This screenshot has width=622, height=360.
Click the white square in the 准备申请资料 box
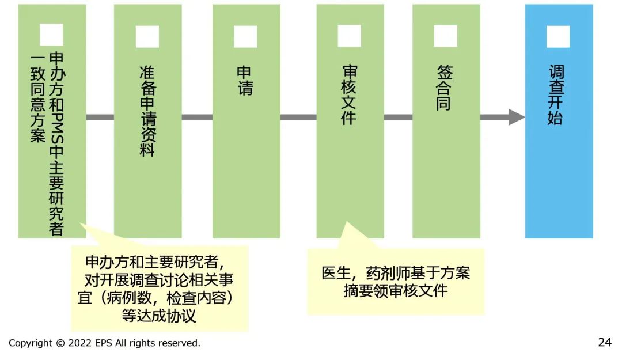(x=147, y=36)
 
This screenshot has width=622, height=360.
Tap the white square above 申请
(x=245, y=36)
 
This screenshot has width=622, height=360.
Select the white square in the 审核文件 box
(x=349, y=36)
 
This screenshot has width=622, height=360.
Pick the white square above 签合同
(x=445, y=36)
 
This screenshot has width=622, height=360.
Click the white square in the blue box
(x=557, y=36)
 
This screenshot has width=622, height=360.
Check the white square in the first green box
(x=51, y=35)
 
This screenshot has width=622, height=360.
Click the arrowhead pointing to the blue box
(x=517, y=117)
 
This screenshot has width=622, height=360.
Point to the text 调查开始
(x=556, y=95)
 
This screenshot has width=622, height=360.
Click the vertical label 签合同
(x=444, y=88)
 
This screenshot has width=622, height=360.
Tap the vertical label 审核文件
(x=349, y=95)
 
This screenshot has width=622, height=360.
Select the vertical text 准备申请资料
(x=147, y=111)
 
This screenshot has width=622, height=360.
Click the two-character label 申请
(x=245, y=81)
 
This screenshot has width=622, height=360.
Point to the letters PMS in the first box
(x=56, y=128)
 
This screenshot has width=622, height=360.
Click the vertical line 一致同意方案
(x=37, y=98)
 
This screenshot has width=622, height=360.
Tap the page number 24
(x=605, y=342)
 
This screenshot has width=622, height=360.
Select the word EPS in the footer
(x=104, y=343)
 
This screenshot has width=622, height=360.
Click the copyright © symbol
(x=60, y=343)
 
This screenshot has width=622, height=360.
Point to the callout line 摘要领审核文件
(x=396, y=291)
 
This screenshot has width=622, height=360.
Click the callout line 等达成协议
(x=159, y=316)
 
